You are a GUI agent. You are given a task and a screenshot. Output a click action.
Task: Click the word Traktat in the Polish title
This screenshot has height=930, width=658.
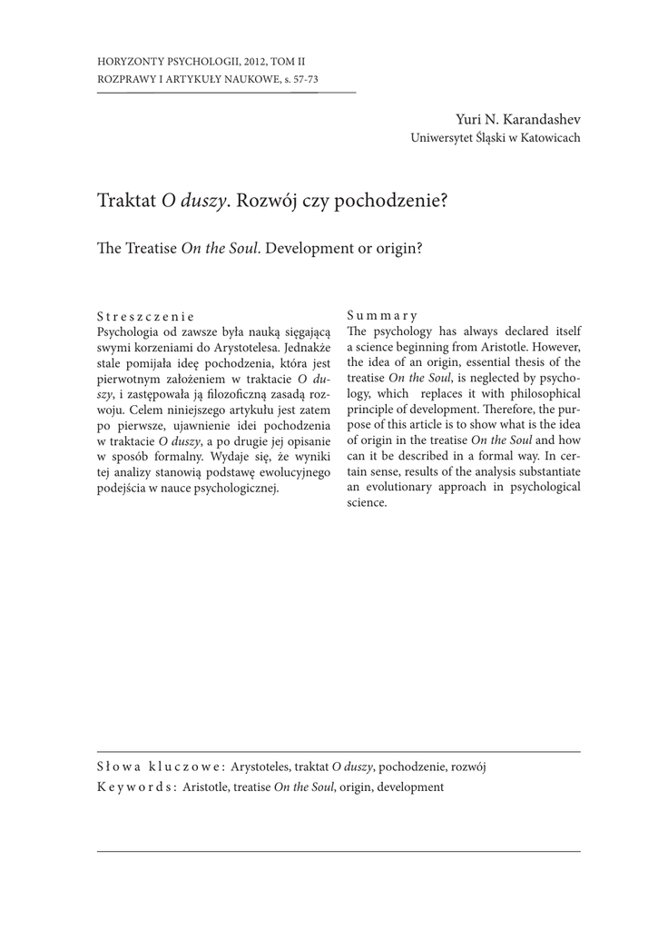coord(126,200)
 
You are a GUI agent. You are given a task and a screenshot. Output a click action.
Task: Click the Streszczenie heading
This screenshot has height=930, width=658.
coord(145,317)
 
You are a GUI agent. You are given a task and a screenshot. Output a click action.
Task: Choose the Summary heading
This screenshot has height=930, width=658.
coord(382,317)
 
